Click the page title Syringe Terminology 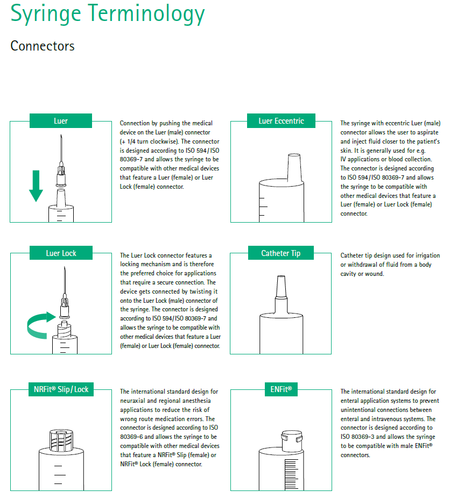[108, 14]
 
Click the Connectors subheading [43, 46]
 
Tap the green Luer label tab [61, 121]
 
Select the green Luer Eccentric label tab [281, 121]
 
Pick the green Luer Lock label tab [61, 253]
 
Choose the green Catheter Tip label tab [281, 253]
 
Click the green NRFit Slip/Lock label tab [61, 389]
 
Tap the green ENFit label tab [281, 389]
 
